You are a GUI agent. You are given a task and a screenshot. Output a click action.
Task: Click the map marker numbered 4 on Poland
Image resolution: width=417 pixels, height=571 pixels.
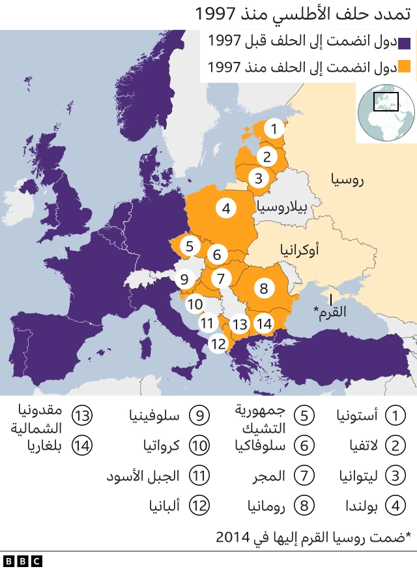tap(226, 209)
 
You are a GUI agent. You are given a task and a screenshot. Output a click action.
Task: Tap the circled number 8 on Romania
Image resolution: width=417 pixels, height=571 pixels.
tap(263, 287)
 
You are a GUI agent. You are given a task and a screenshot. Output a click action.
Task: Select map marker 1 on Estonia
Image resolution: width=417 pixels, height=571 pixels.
tap(275, 129)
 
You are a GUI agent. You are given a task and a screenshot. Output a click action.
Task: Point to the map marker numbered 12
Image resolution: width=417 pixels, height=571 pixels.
tap(218, 343)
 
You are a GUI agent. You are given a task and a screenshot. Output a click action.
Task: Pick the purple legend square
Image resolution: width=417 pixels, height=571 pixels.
tap(404, 43)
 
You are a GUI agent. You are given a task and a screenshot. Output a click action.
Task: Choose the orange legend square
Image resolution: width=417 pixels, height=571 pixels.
tap(404, 66)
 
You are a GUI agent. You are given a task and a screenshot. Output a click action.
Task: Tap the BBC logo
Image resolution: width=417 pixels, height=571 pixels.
tap(22, 561)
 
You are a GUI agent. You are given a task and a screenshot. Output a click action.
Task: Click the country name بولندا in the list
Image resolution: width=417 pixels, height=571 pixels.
tap(355, 505)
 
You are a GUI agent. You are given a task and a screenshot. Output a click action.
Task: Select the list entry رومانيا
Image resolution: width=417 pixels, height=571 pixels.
tap(265, 505)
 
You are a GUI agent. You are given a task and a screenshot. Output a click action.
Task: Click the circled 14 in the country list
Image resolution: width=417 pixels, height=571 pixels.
tap(83, 446)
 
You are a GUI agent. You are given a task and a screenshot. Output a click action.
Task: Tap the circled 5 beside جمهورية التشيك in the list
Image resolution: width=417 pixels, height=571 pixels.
tap(304, 415)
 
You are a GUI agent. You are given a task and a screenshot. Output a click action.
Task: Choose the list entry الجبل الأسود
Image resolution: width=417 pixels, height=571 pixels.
tap(143, 476)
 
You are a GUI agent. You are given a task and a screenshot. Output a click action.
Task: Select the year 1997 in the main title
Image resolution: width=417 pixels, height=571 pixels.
tap(217, 14)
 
